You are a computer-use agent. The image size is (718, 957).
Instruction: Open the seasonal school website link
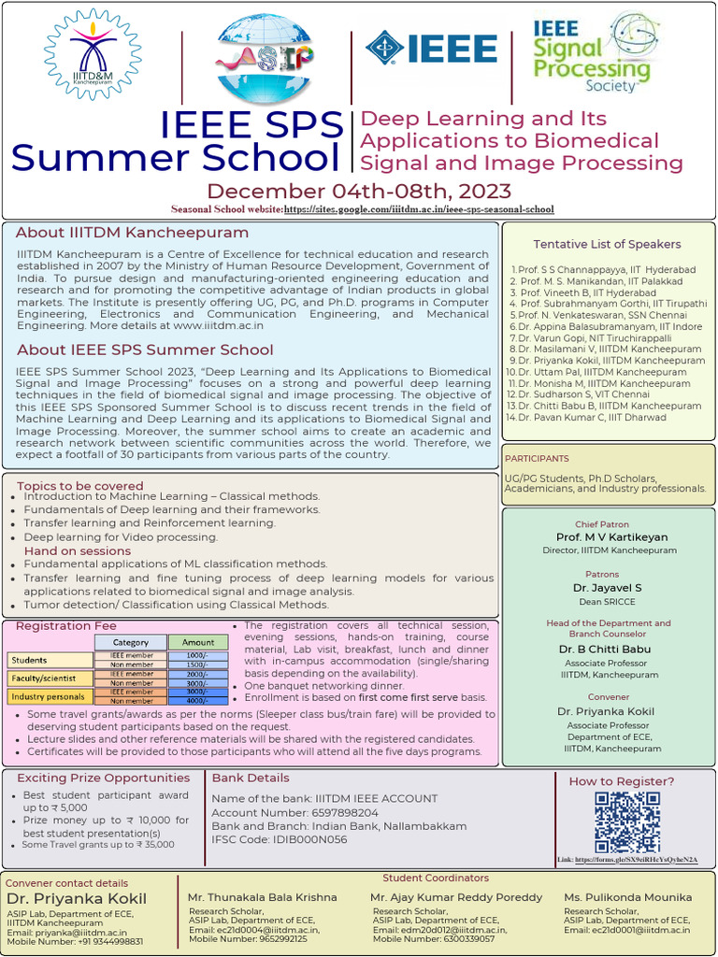(418, 209)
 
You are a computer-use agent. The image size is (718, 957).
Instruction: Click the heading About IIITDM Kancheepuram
(133, 233)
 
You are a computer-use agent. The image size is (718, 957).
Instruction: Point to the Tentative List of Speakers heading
(607, 244)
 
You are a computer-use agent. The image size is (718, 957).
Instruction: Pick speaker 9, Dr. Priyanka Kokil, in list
(606, 361)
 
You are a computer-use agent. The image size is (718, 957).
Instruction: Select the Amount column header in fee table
(197, 642)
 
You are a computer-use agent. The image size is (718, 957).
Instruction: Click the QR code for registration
(626, 821)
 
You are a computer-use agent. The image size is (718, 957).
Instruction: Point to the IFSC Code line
(280, 839)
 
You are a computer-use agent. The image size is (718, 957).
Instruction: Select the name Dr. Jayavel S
(608, 588)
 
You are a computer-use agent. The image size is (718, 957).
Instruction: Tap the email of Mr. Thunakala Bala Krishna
(253, 930)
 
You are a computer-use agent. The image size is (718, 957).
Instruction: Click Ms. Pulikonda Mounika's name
(627, 897)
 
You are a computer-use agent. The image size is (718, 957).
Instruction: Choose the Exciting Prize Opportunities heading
(103, 778)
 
